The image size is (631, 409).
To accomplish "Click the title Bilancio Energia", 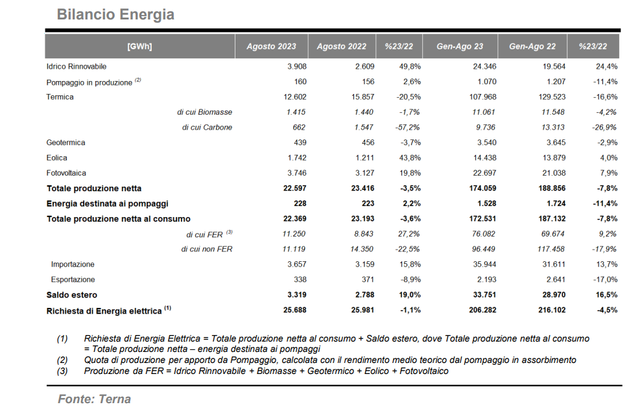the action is tap(115, 14).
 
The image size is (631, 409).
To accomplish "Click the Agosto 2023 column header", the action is tap(271, 46).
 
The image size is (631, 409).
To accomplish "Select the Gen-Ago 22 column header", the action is tap(532, 46).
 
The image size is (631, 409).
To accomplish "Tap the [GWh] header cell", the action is tap(139, 46).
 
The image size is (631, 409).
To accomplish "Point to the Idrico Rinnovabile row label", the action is tap(77, 66).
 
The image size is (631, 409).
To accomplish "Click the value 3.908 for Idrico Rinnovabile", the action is tap(297, 66).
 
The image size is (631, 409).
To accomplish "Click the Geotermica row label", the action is tap(65, 143).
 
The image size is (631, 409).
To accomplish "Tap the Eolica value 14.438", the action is tap(484, 158).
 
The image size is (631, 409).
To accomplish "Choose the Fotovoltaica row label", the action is tap(66, 173).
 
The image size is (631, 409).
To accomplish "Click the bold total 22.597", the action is tap(294, 188).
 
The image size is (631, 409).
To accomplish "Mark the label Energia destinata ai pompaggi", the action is tap(108, 204).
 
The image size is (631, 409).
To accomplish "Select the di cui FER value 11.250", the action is tap(294, 233).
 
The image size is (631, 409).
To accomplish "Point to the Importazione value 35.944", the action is tap(484, 264).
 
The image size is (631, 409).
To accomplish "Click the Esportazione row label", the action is tap(73, 279).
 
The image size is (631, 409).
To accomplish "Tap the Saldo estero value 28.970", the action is tap(554, 295).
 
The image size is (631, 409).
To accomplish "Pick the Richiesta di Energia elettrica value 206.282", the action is tap(482, 310).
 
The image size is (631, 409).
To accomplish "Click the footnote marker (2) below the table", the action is tap(62, 360).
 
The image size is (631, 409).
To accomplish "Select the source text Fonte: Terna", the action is tap(94, 399).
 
